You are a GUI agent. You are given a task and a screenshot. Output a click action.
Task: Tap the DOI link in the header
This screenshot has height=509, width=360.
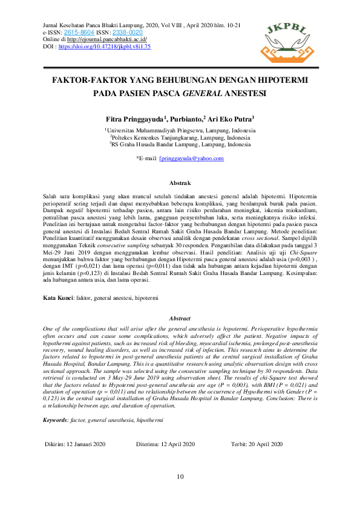click(x=104, y=46)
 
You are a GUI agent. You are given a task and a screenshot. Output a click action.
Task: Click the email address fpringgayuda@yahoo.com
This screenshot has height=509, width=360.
click(x=191, y=158)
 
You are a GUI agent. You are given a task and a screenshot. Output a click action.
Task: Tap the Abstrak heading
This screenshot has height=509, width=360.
click(x=180, y=183)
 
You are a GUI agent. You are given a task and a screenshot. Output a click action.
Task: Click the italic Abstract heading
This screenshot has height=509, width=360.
click(x=180, y=318)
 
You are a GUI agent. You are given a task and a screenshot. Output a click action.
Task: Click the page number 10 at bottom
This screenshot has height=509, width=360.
click(x=180, y=478)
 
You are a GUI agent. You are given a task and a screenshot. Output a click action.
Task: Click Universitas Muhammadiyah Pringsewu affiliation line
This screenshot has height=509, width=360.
click(x=180, y=131)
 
